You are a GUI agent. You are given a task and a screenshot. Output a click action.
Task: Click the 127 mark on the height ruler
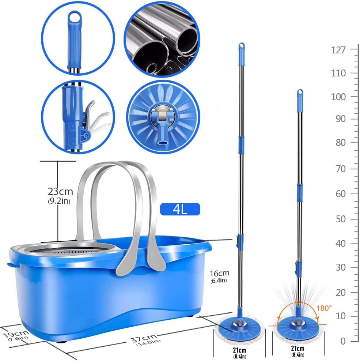[x=338, y=50]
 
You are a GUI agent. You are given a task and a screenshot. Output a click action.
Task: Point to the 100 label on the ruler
[x=338, y=97]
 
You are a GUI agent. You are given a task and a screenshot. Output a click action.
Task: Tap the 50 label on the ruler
[x=340, y=219]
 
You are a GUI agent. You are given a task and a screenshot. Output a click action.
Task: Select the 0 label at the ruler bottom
[x=342, y=341]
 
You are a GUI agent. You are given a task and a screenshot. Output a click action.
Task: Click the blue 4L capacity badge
[x=180, y=209]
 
